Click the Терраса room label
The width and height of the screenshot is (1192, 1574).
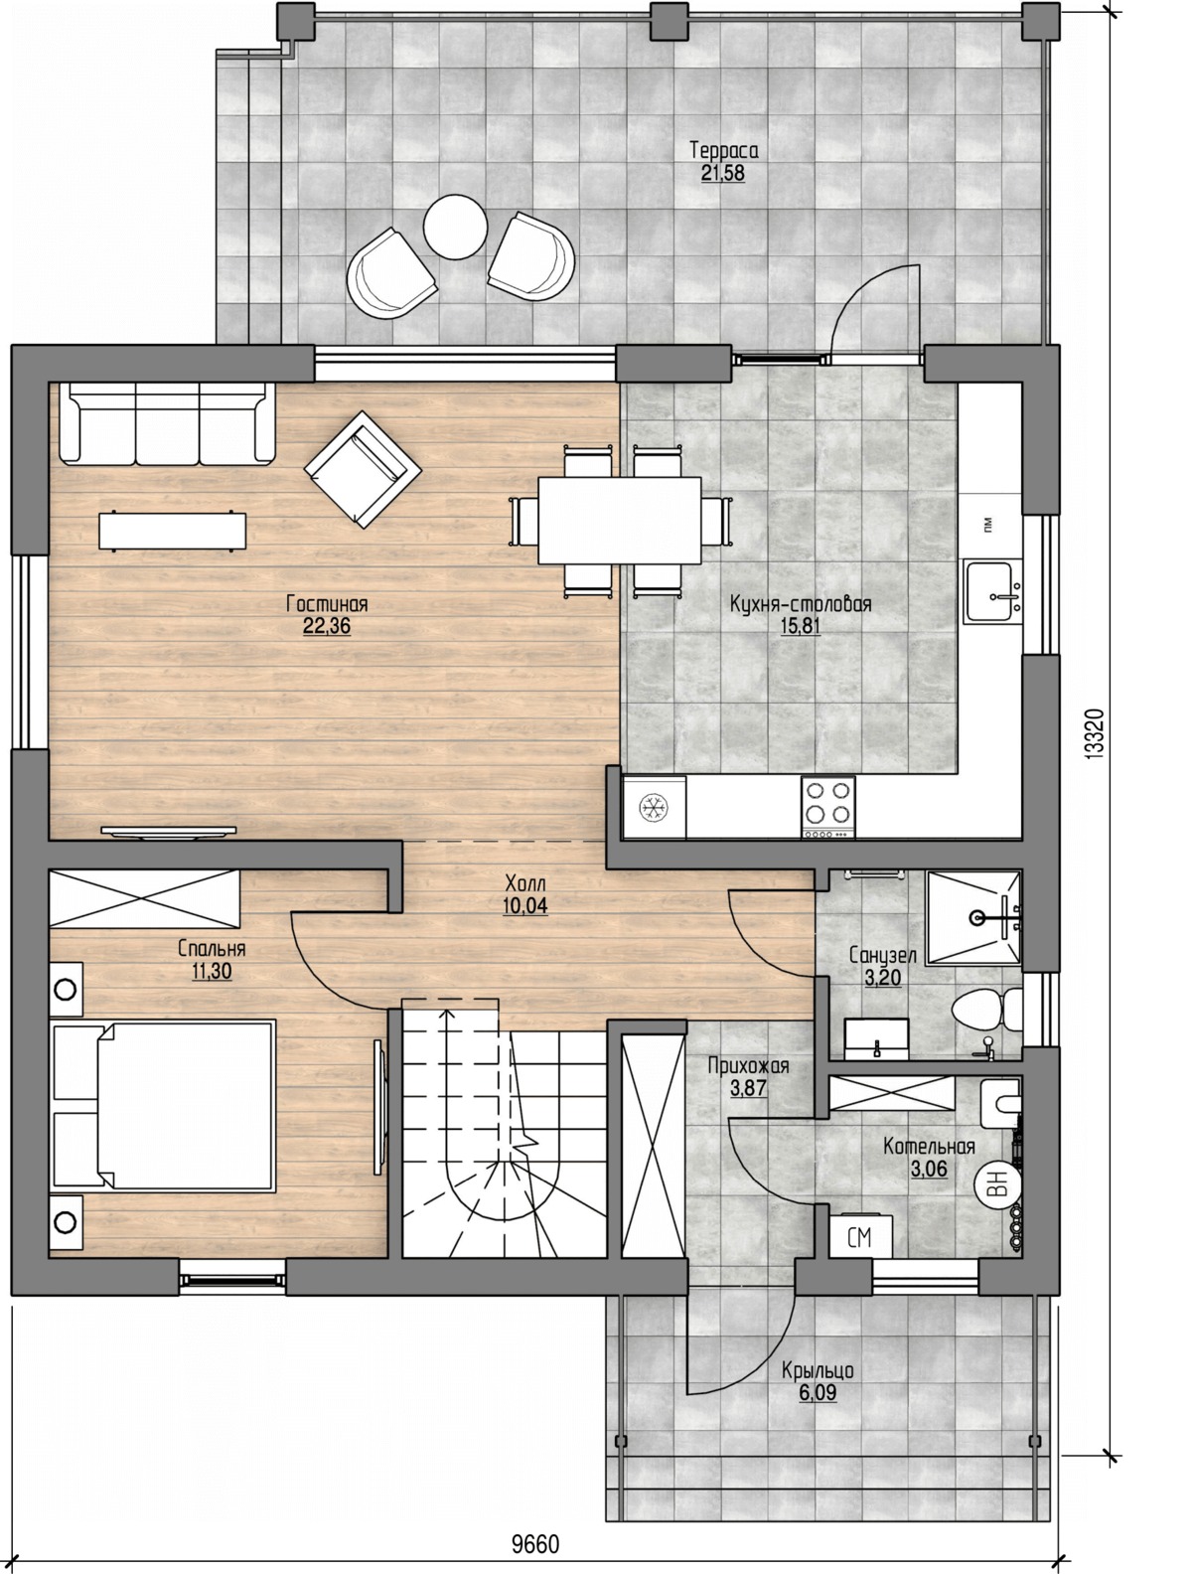723,151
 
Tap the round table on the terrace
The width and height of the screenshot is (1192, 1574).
455,228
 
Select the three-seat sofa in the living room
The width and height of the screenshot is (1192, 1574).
167,423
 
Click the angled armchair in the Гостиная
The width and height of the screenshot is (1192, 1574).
363,469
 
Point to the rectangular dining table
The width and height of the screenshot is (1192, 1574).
619,521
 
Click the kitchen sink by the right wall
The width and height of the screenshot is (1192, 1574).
992,591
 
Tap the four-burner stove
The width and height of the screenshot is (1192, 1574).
827,808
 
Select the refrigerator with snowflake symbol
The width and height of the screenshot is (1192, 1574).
654,808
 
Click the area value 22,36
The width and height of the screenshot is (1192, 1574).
327,626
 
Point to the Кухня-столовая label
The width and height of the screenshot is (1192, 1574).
801,604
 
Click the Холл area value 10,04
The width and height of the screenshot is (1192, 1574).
525,905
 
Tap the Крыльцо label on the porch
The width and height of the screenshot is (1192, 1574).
818,1370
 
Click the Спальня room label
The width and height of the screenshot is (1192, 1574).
212,949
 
